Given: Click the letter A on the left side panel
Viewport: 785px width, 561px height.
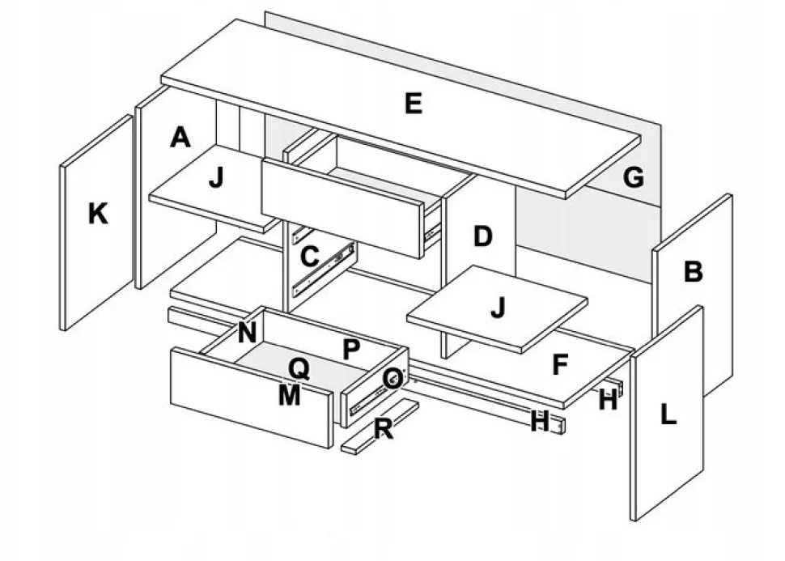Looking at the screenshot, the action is [180, 138].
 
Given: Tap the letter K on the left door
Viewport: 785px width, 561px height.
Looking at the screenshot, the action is [98, 214].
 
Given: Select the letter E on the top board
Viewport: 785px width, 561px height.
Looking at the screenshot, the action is [414, 104].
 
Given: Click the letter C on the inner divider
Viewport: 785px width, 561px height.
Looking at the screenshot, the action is [310, 257].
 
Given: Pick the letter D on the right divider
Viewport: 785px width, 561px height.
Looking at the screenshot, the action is [482, 236].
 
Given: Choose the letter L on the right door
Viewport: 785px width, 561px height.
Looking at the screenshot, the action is [668, 414].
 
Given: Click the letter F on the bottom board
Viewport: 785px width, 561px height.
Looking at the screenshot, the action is [560, 364].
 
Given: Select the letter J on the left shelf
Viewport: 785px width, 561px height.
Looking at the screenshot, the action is [216, 177].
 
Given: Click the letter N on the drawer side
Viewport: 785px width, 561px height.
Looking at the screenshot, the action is [248, 332].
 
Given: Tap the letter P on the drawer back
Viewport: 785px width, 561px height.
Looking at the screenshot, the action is [351, 349].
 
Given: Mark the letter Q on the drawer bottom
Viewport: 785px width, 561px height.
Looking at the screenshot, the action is [299, 370].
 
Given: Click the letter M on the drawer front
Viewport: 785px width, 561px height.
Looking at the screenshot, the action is [290, 395].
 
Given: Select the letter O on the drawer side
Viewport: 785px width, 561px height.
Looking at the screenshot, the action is [393, 378].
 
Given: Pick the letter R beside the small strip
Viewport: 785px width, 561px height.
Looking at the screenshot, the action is [384, 428].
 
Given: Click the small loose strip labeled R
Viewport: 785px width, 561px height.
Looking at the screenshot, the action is [380, 427].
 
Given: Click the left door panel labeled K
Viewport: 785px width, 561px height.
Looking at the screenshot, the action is [96, 223].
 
